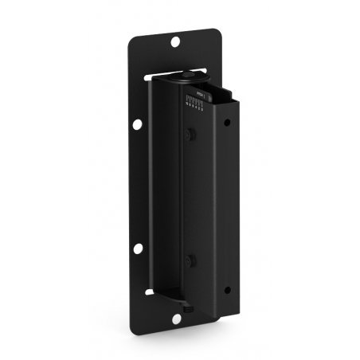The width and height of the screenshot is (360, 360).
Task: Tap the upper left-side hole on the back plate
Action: coord(136,123)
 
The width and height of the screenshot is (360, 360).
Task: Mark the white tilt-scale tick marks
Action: coord(194,100)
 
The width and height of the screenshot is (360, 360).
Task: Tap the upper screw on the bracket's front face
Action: coord(189,136)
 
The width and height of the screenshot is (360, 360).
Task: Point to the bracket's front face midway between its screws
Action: coord(189,198)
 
